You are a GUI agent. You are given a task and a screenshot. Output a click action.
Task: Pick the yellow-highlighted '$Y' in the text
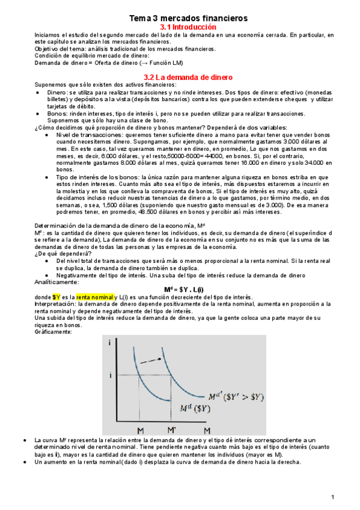click(56, 297)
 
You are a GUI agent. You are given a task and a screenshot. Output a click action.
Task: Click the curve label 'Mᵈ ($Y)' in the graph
click(195, 408)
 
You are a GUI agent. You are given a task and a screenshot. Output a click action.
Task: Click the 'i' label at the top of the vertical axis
click(110, 342)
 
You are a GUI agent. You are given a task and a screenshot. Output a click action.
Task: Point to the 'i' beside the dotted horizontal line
click(110, 375)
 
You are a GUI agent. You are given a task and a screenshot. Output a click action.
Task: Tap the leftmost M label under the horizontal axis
click(139, 431)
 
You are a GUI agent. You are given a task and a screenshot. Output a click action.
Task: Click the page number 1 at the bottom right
click(332, 497)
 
